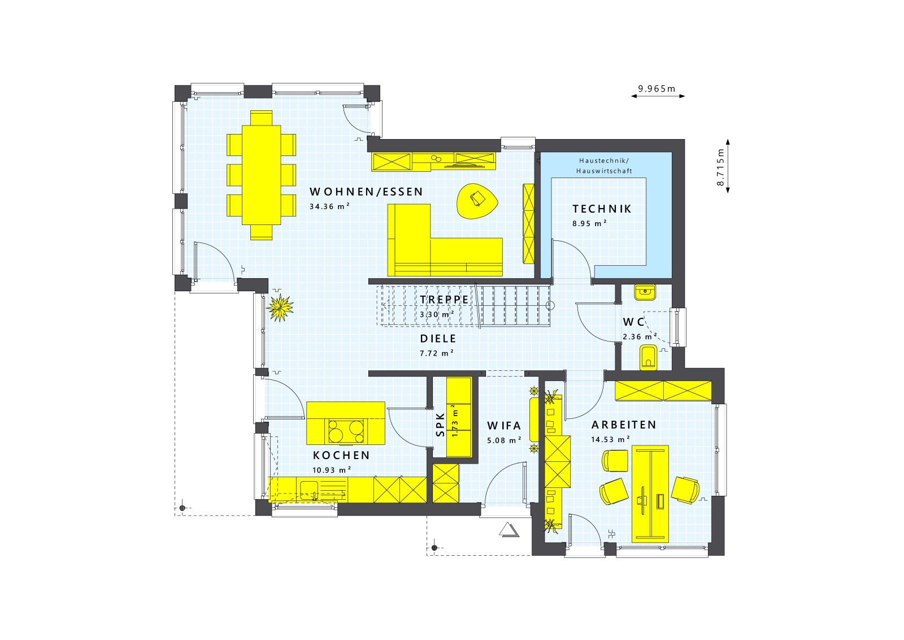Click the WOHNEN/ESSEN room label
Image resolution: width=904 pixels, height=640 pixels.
[x=366, y=192]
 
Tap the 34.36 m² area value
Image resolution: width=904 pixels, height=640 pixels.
[x=329, y=207]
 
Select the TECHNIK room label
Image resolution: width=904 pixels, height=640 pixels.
[x=602, y=209]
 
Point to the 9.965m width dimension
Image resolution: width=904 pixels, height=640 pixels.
[x=657, y=89]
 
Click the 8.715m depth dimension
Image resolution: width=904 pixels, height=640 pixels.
[x=720, y=167]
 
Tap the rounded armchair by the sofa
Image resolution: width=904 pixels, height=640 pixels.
[x=477, y=201]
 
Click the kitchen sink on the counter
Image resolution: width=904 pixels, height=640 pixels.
[x=309, y=488]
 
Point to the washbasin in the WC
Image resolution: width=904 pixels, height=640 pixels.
[x=644, y=292]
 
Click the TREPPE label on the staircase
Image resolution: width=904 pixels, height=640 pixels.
[x=444, y=300]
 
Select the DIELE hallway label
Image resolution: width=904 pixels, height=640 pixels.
[x=438, y=339]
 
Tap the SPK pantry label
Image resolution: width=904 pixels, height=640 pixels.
[x=441, y=424]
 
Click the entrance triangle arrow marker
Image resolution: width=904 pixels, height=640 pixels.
[x=508, y=530]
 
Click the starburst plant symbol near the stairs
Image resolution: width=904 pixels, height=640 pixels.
[x=281, y=308]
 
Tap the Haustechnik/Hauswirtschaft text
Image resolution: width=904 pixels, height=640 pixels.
[x=604, y=166]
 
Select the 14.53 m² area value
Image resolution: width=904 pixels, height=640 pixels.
[x=611, y=439]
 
